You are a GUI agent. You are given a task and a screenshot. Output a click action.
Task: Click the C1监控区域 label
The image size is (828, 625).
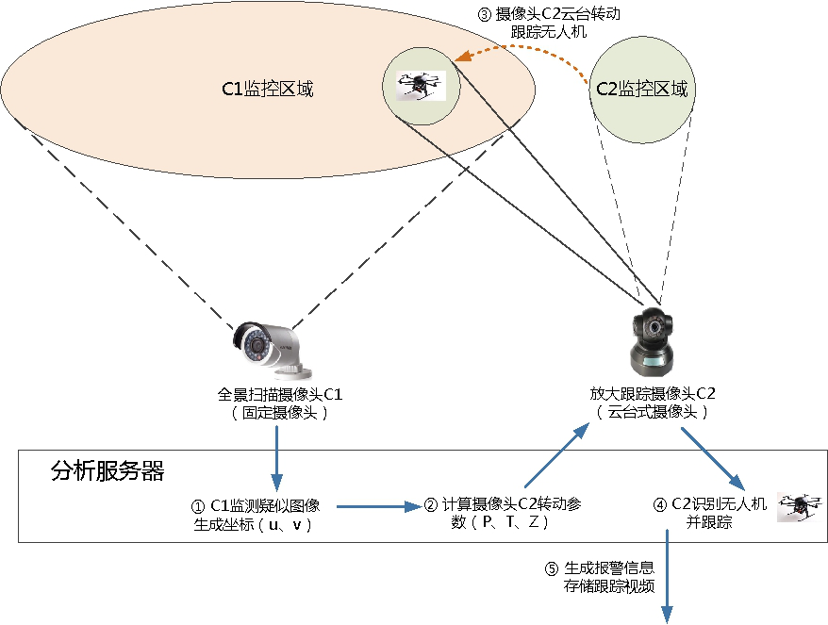[267, 90]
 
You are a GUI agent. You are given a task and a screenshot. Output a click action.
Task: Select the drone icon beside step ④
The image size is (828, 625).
[795, 506]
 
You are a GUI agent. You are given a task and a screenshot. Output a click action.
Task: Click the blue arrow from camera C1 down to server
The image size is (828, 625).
[277, 452]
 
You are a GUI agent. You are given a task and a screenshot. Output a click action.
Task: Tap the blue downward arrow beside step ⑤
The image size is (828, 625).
[669, 575]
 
